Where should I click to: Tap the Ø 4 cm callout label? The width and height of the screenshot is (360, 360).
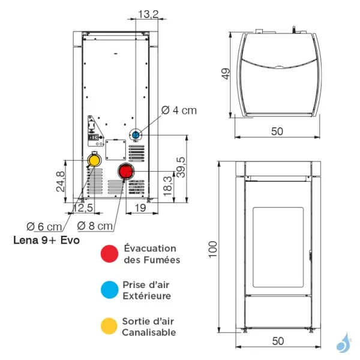(x=180, y=110)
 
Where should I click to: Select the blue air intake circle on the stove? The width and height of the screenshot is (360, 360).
(x=137, y=134)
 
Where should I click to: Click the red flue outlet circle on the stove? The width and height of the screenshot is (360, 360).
(x=125, y=172)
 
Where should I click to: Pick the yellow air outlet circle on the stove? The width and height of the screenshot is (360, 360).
(x=94, y=160)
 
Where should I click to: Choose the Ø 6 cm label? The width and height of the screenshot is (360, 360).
(x=44, y=226)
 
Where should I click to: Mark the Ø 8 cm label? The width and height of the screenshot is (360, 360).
(x=95, y=226)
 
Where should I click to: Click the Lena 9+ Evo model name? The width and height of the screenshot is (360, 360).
(x=47, y=241)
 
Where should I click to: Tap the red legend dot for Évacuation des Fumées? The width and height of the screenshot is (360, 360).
(x=109, y=254)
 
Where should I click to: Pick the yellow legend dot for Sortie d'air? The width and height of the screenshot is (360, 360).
(x=109, y=326)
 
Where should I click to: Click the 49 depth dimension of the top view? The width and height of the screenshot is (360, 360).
(x=226, y=74)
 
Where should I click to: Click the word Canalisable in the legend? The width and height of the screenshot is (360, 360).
(x=149, y=332)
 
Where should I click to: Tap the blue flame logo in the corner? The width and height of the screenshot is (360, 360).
(x=343, y=343)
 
